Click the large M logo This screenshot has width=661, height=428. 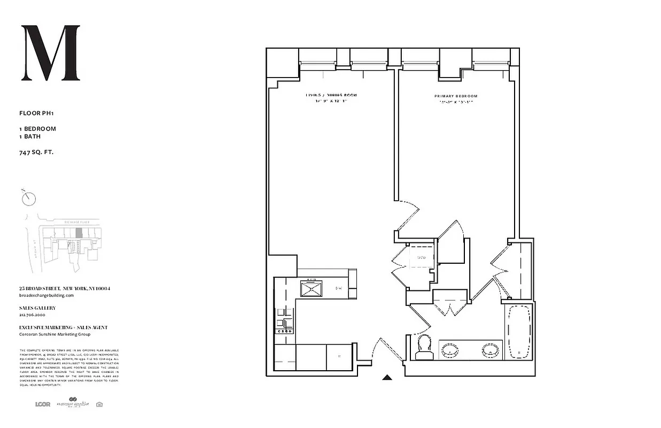(50, 53)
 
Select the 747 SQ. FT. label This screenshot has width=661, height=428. (36, 152)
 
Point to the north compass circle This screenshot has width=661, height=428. (29, 198)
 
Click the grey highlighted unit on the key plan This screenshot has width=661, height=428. (79, 233)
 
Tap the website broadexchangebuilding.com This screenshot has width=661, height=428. (46, 295)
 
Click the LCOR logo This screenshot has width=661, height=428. (42, 404)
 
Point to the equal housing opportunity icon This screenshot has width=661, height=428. (99, 404)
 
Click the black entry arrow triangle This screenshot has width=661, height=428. (387, 377)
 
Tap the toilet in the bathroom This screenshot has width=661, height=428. (425, 347)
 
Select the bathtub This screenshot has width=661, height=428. (517, 331)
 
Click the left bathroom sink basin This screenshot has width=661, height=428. (450, 351)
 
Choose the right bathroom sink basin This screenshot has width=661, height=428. (490, 351)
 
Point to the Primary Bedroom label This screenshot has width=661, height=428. (456, 96)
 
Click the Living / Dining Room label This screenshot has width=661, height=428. (331, 95)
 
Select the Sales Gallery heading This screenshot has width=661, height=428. (37, 308)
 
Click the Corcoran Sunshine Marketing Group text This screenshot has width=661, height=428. (55, 334)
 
